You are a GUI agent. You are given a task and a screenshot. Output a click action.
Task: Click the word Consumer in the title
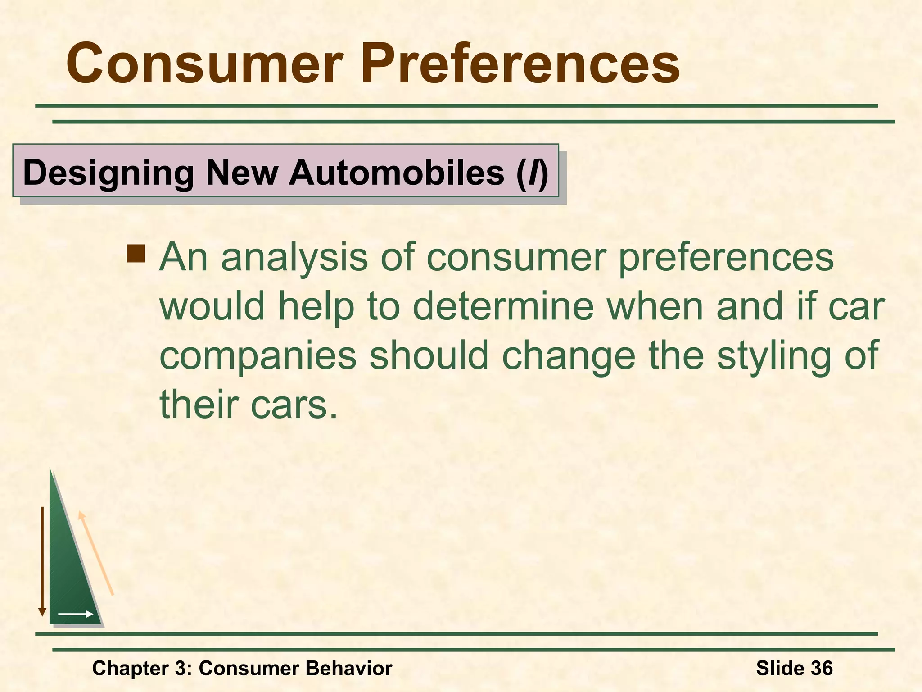point(205,64)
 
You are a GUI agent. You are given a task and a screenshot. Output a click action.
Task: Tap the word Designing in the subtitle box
point(108,173)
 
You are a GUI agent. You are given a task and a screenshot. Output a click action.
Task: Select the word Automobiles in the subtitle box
point(396,173)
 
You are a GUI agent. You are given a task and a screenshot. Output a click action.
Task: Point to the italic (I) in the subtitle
point(532,173)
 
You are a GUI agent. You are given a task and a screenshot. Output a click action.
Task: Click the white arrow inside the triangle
point(76,614)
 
